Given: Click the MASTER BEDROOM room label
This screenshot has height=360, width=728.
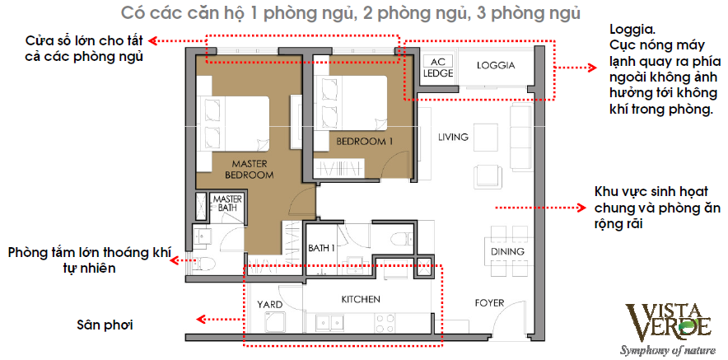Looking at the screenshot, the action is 249,170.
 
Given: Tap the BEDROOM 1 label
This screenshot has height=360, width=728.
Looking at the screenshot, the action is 365,142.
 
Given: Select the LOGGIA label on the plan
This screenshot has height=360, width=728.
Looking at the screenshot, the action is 496,66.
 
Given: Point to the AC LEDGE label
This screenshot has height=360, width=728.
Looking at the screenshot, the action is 438,68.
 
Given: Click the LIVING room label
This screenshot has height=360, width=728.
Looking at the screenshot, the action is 453,137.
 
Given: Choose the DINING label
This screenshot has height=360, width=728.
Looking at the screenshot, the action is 507,252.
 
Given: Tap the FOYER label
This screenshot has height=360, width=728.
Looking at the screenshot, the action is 489,303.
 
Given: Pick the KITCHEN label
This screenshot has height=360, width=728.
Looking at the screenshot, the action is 361,300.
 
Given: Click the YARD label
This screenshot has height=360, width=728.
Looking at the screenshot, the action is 270,305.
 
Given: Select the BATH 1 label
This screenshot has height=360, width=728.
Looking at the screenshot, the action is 322,248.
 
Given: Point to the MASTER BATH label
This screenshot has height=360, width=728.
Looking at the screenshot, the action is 225,203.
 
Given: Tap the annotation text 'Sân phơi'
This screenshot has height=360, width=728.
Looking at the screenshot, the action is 105,325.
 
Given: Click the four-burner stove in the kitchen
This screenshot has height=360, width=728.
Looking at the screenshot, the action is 385,324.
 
